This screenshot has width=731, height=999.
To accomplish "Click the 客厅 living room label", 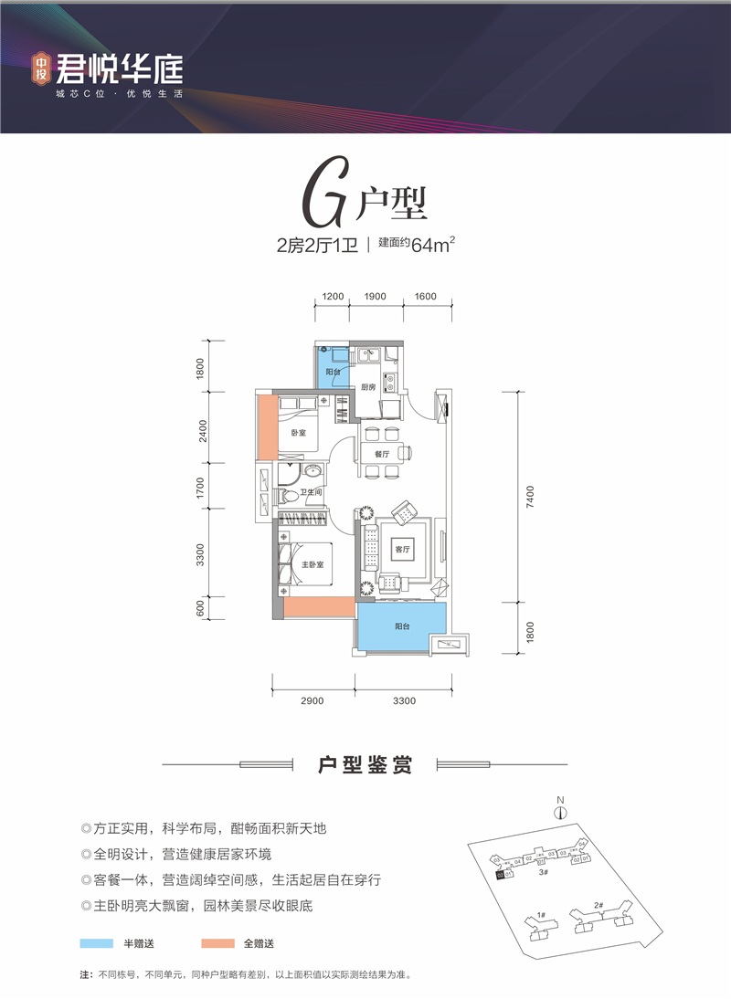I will click(400, 550).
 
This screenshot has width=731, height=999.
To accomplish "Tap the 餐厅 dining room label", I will click(382, 454).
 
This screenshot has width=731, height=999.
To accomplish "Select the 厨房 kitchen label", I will click(367, 387).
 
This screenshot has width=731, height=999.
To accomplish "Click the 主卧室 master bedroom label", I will click(313, 564).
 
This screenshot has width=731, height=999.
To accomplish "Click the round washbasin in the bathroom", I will click(313, 472).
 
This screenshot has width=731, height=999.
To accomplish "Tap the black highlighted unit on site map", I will click(498, 874).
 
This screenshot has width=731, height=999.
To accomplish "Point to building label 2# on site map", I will click(599, 905).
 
